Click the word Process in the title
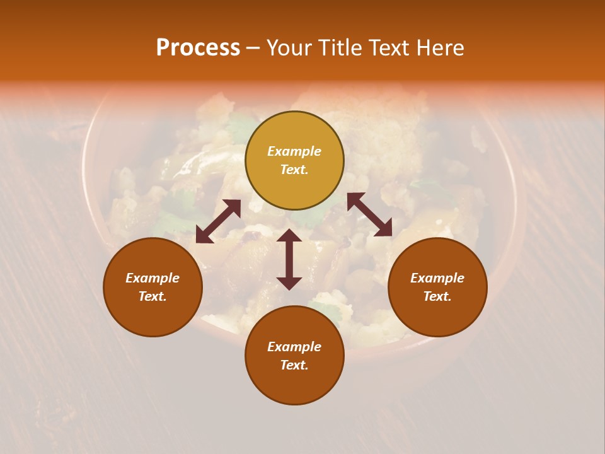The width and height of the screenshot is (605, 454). [198, 48]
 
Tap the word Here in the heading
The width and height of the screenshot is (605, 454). [440, 48]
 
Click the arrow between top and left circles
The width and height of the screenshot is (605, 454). [219, 221]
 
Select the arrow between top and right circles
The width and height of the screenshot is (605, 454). [369, 214]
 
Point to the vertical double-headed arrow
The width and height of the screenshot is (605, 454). [289, 259]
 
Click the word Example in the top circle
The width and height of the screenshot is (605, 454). [294, 151]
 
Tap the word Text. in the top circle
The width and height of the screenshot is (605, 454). [294, 170]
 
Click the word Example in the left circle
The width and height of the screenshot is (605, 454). [153, 278]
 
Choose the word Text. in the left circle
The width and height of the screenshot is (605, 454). [153, 296]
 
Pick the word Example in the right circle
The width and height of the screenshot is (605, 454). [437, 278]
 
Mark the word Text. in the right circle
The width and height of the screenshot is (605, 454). [437, 296]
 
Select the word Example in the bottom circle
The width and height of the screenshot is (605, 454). [294, 347]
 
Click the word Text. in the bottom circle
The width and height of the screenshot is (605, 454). [294, 365]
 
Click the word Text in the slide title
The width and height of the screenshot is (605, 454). [389, 48]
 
